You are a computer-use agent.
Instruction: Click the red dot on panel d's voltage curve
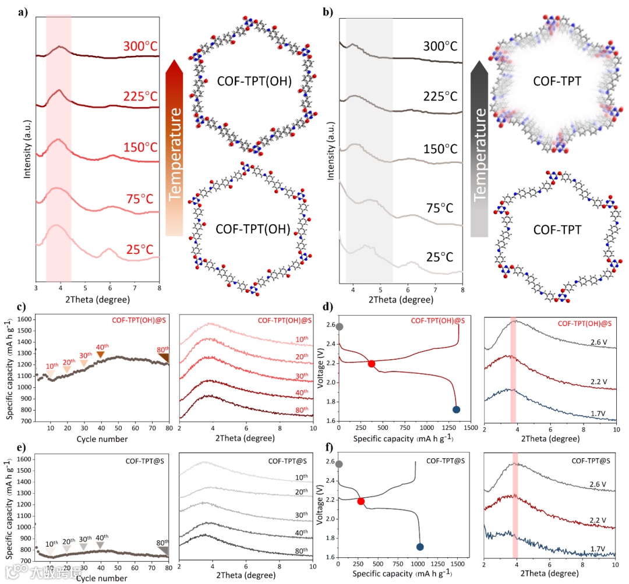[372, 363]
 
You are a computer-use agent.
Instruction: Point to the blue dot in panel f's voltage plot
[420, 547]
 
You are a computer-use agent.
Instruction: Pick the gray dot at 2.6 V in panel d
[340, 327]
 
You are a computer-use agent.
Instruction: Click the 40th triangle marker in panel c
[101, 355]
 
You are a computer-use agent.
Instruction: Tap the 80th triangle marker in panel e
[164, 550]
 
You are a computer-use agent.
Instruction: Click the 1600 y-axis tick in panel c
[23, 320]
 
